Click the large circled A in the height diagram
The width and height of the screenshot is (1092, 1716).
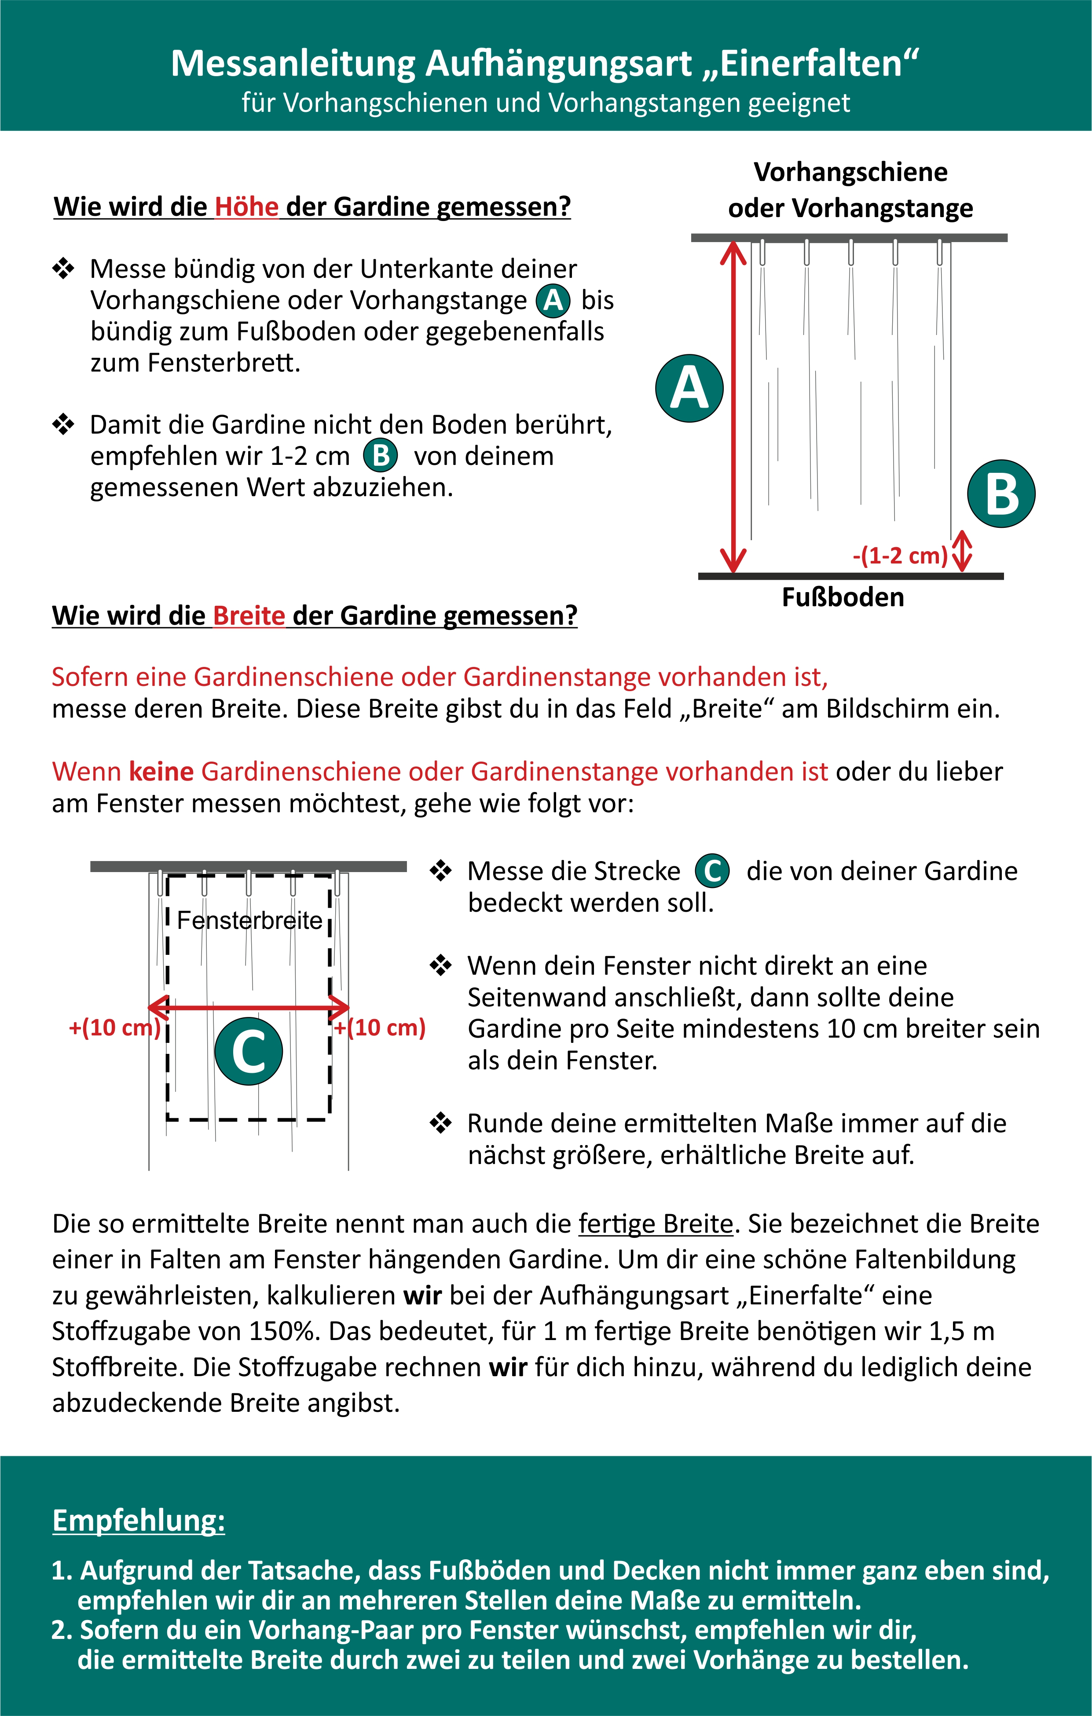(689, 388)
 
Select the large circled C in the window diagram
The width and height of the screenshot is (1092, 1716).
(249, 1052)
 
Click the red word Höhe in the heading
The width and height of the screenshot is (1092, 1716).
(246, 206)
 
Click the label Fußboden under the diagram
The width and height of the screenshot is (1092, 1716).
(843, 597)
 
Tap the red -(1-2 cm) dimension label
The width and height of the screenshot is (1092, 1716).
(900, 555)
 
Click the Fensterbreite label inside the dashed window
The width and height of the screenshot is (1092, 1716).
(249, 920)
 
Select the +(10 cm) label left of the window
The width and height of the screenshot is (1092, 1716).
(114, 1027)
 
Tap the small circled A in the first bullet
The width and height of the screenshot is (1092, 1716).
(553, 301)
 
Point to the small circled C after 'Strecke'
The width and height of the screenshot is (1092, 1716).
(712, 871)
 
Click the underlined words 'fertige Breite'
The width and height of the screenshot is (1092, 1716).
(656, 1223)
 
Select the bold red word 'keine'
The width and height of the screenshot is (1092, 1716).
(162, 771)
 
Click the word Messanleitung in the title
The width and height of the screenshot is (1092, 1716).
(293, 63)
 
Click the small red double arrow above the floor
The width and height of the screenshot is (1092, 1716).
(962, 551)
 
